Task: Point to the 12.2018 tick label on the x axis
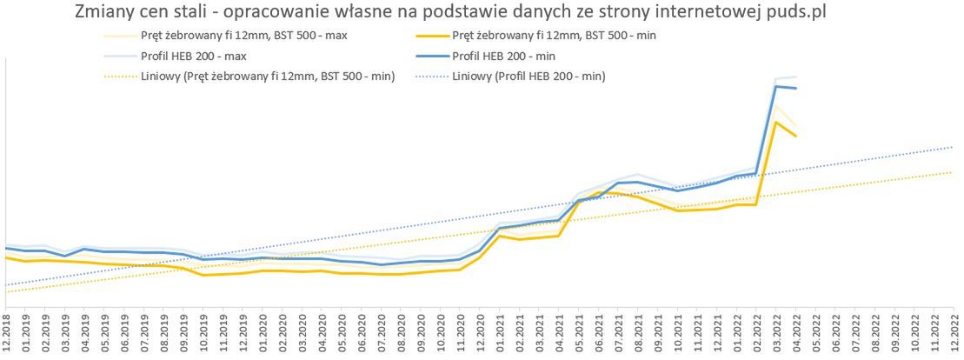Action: click(6, 333)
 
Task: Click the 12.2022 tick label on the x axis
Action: click(954, 333)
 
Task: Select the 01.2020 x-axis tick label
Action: click(263, 333)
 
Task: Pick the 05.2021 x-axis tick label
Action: click(579, 333)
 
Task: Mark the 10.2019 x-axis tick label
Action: click(203, 333)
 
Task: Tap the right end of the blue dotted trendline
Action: click(953, 146)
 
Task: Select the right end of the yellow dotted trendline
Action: click(953, 172)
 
